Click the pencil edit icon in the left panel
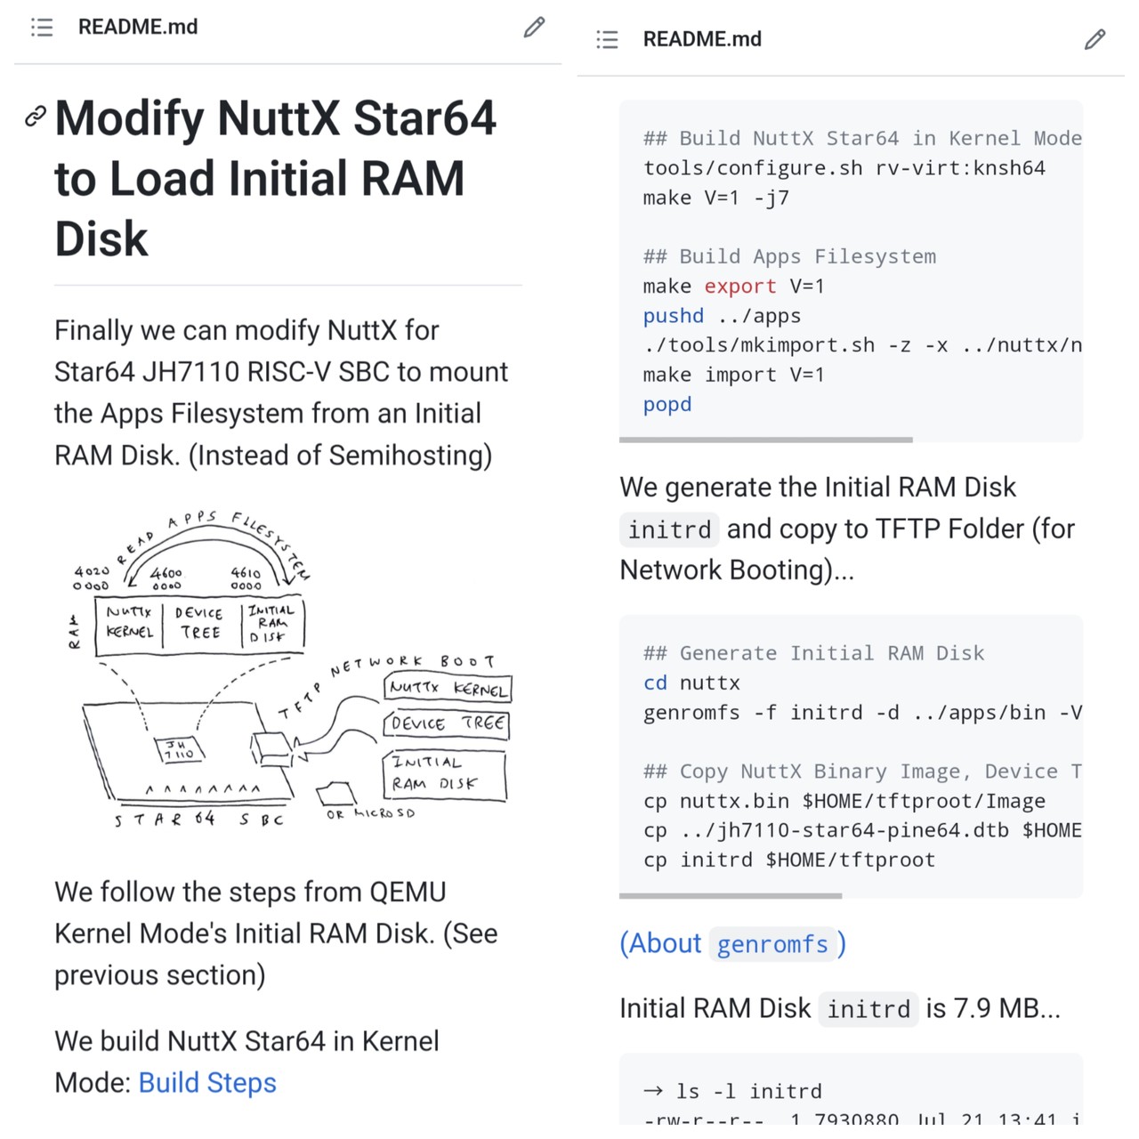point(534,28)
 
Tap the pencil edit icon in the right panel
point(1095,39)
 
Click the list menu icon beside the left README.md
point(42,28)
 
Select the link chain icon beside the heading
point(35,116)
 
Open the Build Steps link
point(207,1083)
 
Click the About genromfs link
point(732,943)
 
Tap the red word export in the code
point(739,287)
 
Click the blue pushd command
point(673,316)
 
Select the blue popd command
point(666,405)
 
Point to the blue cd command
point(655,683)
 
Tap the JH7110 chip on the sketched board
point(179,749)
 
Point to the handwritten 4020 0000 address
point(92,578)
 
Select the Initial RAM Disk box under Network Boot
point(444,773)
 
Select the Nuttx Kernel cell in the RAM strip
point(129,622)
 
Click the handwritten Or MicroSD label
point(370,813)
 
